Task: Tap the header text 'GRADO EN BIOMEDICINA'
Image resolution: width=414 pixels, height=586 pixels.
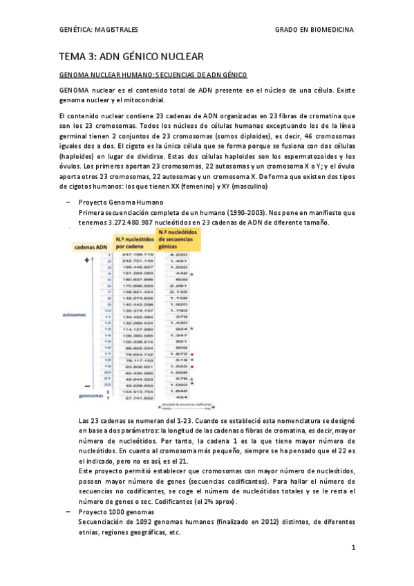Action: (x=314, y=29)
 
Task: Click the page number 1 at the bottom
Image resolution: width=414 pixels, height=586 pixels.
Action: (x=352, y=547)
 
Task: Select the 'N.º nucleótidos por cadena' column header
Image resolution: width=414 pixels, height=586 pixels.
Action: (x=133, y=243)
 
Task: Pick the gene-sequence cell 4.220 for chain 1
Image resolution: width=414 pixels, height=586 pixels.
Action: (x=178, y=255)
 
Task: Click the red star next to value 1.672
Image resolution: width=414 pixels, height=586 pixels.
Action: (x=193, y=354)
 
